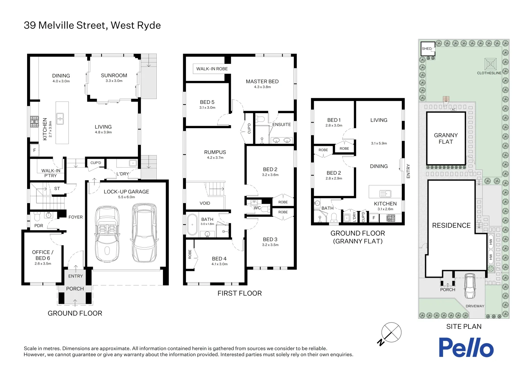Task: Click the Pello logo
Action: (x=466, y=347)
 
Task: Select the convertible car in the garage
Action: (x=107, y=234)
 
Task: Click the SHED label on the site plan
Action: (x=427, y=49)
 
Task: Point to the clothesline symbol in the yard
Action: (x=490, y=64)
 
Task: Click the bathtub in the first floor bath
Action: (x=192, y=224)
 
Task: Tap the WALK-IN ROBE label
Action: (x=212, y=69)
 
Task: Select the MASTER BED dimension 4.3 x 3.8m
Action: (x=262, y=87)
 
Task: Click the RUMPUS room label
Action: (x=215, y=152)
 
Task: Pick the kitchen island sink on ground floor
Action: (x=60, y=118)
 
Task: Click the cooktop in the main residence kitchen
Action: (x=34, y=122)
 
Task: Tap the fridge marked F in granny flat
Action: (x=374, y=218)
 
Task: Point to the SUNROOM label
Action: (x=114, y=75)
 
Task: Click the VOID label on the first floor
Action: (x=205, y=203)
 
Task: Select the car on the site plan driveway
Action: (x=470, y=286)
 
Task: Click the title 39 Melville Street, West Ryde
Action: (x=92, y=25)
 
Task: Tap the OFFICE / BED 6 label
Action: (x=43, y=255)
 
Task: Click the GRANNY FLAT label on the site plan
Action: (x=446, y=139)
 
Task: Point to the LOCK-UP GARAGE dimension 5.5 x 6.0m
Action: (x=126, y=197)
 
